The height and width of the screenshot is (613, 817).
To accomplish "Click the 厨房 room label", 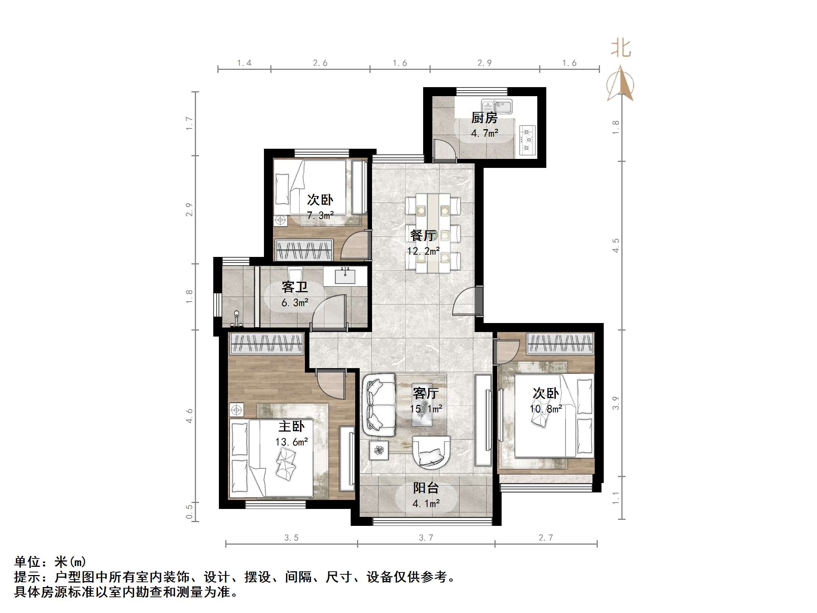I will coord(484,118).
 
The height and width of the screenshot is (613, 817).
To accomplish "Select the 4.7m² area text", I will coord(485,133).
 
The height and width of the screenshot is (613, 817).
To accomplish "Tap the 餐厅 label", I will coord(423,236).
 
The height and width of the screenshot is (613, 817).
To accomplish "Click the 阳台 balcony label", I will coord(426,488).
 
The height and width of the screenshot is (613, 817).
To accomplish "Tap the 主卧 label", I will coord(291,426).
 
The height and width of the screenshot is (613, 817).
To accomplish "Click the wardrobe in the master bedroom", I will coord(266,344).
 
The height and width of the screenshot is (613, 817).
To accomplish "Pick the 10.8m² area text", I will coord(546,409).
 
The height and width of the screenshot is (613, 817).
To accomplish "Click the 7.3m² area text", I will coord(320,216).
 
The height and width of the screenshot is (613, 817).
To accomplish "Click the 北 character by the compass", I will coord(621,49).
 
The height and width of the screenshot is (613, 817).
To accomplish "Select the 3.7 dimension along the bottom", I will coord(426,538).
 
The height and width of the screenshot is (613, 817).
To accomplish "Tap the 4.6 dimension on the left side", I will coord(189,416).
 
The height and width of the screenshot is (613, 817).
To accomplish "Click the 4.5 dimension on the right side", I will coord(616,245).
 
